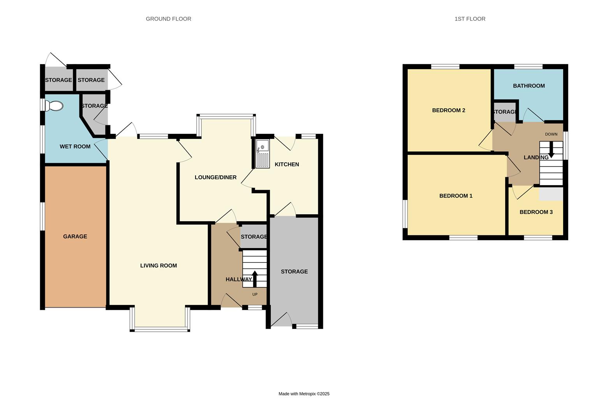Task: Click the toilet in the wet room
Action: [54, 106]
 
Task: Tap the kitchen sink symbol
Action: [262, 154]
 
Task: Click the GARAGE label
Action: [75, 236]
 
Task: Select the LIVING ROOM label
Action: [159, 266]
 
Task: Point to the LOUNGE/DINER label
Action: [215, 177]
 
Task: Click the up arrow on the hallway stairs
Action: [255, 278]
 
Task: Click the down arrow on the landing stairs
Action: [551, 149]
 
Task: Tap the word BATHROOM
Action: [529, 86]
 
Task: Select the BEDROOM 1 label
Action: [456, 196]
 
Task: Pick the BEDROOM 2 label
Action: [448, 110]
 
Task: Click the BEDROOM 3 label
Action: [536, 212]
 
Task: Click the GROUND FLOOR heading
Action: [168, 19]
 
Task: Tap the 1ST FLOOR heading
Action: [470, 19]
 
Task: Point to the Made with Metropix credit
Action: [304, 394]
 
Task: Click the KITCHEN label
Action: [287, 164]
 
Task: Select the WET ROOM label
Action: [75, 147]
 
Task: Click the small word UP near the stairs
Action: [255, 294]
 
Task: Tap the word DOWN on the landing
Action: [551, 134]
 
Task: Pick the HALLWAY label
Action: [238, 279]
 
